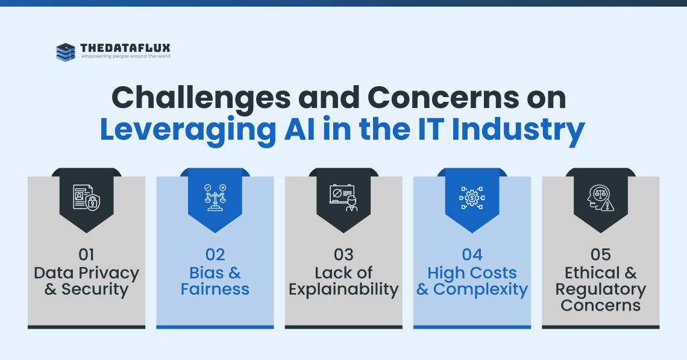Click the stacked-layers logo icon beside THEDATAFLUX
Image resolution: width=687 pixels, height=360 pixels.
pos(66,52)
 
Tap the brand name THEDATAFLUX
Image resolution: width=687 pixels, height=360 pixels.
pos(125,48)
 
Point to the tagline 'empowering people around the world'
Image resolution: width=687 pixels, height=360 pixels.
pos(126,57)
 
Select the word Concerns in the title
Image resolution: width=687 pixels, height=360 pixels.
pos(443,98)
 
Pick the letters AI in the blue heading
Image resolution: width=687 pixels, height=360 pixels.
pos(300,129)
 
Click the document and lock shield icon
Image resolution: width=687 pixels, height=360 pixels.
pos(86,197)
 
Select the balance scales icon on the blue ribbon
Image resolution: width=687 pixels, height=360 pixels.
pos(215,197)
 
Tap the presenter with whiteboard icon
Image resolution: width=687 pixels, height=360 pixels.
pos(343,198)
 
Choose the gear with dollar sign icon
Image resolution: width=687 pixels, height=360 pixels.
pos(472,198)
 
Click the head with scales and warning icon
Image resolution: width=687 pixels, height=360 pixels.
pos(601,198)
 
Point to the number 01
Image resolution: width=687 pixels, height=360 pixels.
pos(86,254)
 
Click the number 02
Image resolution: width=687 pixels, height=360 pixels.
pos(215,254)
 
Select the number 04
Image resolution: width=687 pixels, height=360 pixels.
pos(472,254)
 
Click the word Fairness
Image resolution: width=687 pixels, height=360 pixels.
pos(215,289)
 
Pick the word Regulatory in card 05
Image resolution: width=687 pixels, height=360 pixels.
pos(601,290)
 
